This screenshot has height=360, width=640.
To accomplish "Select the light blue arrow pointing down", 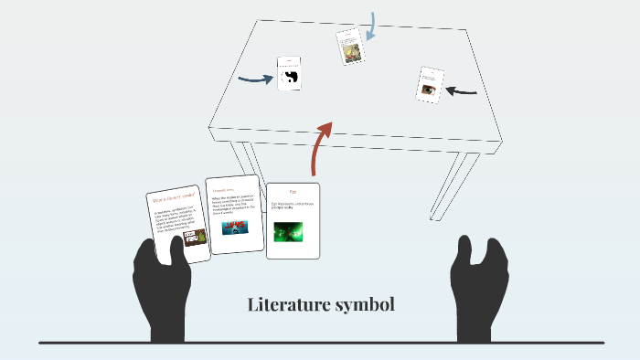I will [370, 27].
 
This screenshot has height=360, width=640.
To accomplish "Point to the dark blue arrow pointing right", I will [256, 79].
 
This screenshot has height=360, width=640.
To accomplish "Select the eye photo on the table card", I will [429, 90].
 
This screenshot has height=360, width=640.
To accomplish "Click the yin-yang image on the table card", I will [291, 79].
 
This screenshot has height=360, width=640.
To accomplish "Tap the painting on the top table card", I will [349, 50].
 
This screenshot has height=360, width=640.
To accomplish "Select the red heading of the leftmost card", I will [176, 196].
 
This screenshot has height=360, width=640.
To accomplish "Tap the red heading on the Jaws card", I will [225, 190].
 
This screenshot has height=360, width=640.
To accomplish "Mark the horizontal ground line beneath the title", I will [320, 343].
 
